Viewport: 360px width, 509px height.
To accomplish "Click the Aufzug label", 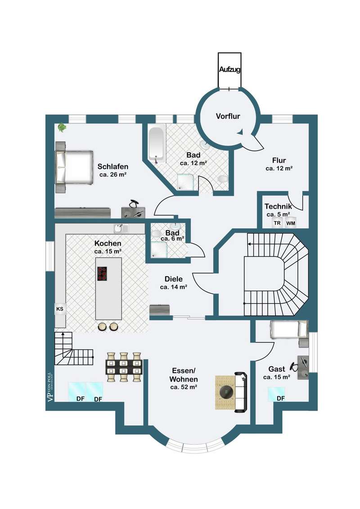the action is click(229, 69).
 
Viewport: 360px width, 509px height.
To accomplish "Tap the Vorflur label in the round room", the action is click(228, 116).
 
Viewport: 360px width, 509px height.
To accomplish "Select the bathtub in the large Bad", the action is click(157, 144).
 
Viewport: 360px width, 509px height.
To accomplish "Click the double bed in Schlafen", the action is click(74, 167).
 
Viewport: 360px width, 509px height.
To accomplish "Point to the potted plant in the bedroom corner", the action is click(61, 127).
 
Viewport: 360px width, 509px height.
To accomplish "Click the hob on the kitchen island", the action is click(102, 273).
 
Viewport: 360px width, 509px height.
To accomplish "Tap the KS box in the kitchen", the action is click(60, 309).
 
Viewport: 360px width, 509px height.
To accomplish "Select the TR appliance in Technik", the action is click(277, 223).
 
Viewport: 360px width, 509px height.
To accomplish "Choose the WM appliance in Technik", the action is click(290, 223).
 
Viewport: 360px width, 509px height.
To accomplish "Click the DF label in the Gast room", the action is click(281, 398).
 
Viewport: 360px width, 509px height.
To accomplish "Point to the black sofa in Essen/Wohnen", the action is click(241, 393).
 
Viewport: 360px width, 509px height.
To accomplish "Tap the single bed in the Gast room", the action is click(289, 329).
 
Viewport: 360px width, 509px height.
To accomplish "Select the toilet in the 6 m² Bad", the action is click(156, 233).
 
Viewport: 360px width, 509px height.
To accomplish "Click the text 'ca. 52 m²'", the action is click(184, 387).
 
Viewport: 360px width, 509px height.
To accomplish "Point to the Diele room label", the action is click(174, 279).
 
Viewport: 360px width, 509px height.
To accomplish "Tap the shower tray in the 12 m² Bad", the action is click(185, 181).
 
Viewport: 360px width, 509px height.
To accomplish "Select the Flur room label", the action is click(279, 161).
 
